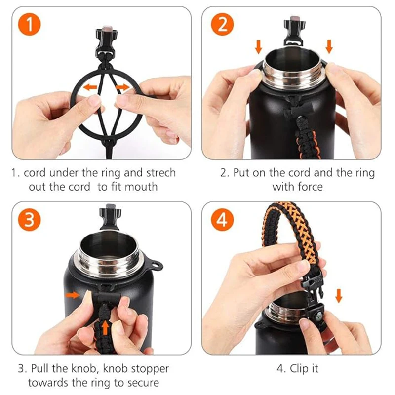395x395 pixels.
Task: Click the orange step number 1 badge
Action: point(30,24)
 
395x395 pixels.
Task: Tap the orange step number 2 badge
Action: point(223,24)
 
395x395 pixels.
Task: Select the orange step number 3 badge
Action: point(30,219)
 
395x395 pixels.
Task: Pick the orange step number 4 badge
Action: point(223,219)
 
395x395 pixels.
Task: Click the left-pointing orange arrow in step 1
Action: point(90,87)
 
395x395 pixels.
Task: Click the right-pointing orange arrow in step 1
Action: point(122,87)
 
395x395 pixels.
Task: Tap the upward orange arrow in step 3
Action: point(105,328)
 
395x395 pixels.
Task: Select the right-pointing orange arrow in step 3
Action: point(72,295)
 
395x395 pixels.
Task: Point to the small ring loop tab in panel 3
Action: point(157,265)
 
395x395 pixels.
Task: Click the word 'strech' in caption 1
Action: point(161,173)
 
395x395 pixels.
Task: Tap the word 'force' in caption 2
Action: point(310,187)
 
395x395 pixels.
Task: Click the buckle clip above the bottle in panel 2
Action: point(294,31)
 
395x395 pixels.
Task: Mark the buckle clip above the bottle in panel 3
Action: point(110,217)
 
